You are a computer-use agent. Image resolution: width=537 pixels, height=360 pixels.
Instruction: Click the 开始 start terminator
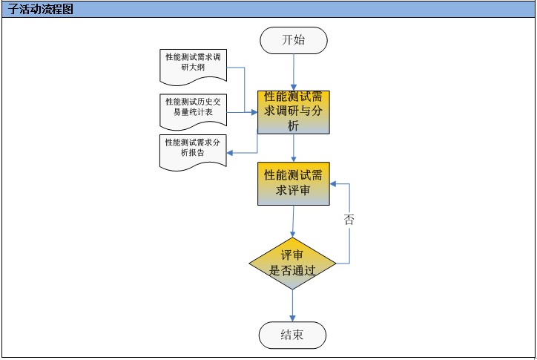pos(294,40)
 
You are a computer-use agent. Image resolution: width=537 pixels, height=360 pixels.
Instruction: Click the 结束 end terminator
pos(292,335)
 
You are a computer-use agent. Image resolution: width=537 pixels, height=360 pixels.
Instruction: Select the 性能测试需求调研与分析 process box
pos(294,113)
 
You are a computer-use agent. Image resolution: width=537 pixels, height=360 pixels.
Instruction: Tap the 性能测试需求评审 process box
pos(294,183)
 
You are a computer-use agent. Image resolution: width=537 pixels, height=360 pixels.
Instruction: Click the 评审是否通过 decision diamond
pos(292,263)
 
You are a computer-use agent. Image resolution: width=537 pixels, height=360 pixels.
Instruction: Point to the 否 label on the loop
pos(349,220)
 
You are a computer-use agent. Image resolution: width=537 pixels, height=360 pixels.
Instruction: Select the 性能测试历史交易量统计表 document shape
pos(191,109)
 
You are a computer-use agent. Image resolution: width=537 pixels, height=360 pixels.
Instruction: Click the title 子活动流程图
pos(42,10)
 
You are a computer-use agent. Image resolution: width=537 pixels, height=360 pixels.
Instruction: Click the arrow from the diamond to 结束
pos(292,304)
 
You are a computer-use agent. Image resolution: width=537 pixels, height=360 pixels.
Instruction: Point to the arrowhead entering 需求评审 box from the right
pos(334,183)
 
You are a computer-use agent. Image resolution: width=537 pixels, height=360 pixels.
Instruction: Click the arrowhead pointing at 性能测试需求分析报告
pos(230,154)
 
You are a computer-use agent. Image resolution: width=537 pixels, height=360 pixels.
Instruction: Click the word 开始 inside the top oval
pos(294,40)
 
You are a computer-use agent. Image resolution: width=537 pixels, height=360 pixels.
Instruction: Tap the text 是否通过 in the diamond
pos(292,271)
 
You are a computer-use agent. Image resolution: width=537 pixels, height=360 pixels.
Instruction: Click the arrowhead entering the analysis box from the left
pos(254,113)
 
